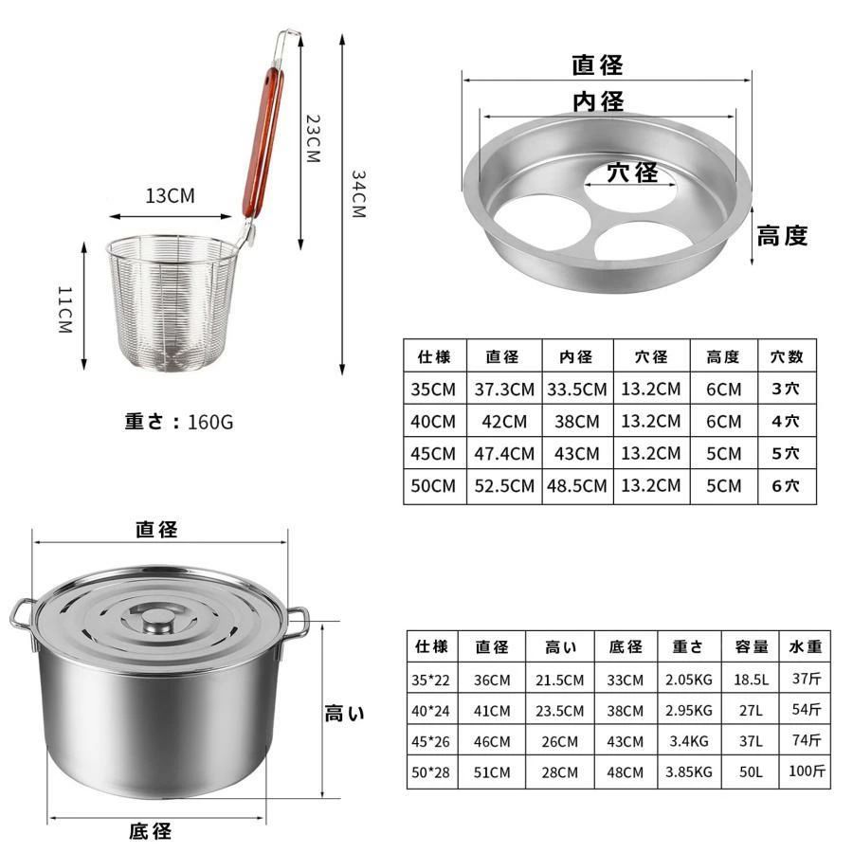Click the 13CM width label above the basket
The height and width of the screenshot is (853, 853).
(x=170, y=195)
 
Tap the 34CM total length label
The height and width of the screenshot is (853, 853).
(x=358, y=194)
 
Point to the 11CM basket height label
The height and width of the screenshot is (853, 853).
(x=65, y=310)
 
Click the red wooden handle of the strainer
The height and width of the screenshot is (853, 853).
(x=263, y=142)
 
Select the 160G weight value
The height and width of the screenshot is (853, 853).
(x=210, y=422)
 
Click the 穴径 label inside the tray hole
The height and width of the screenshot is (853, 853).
(x=633, y=173)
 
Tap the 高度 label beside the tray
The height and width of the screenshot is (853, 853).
(x=782, y=236)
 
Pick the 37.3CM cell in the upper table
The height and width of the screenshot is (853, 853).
(x=504, y=390)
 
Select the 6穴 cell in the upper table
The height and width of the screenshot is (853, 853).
(x=786, y=486)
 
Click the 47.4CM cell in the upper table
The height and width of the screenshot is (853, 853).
(x=504, y=454)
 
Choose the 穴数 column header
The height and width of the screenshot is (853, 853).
(x=787, y=357)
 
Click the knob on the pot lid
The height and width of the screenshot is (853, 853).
(x=157, y=621)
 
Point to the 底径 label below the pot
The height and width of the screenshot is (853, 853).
(x=151, y=831)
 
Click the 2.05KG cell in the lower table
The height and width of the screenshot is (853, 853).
(x=689, y=680)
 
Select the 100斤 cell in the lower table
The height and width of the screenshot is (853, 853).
(x=807, y=771)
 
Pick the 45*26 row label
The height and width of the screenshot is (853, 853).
(x=430, y=742)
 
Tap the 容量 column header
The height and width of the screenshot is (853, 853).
(x=752, y=646)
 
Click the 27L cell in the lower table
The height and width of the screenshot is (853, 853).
(x=751, y=711)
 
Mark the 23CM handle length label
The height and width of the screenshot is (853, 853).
(x=313, y=138)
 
